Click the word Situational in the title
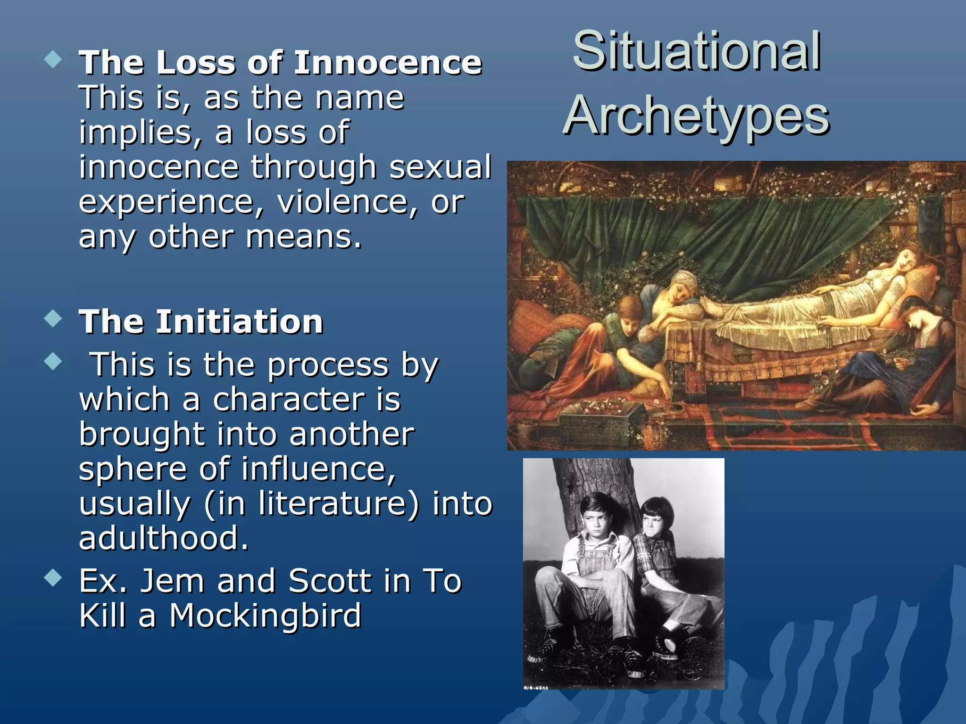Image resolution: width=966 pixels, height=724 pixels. click(696, 51)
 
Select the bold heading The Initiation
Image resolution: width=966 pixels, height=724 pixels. click(201, 322)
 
